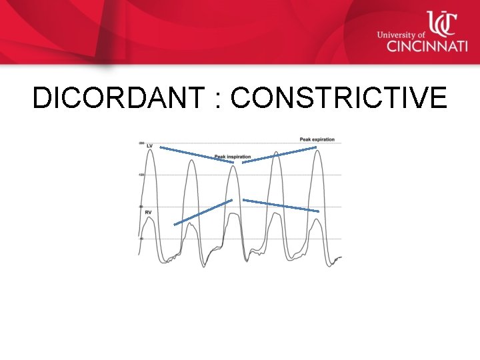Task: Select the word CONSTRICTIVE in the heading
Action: [x=339, y=99]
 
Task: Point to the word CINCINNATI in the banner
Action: [x=419, y=46]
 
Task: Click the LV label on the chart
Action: [x=150, y=145]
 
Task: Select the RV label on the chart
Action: [x=148, y=211]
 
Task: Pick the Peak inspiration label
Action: [x=233, y=157]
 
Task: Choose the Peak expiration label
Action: [x=317, y=139]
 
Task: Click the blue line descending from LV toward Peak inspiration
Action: [x=197, y=154]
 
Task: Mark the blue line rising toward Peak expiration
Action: [x=279, y=155]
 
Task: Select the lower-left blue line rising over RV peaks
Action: [x=203, y=212]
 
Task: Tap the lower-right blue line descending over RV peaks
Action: [x=281, y=205]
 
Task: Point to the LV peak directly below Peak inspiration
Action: [x=233, y=167]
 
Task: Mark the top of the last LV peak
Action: [x=319, y=151]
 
